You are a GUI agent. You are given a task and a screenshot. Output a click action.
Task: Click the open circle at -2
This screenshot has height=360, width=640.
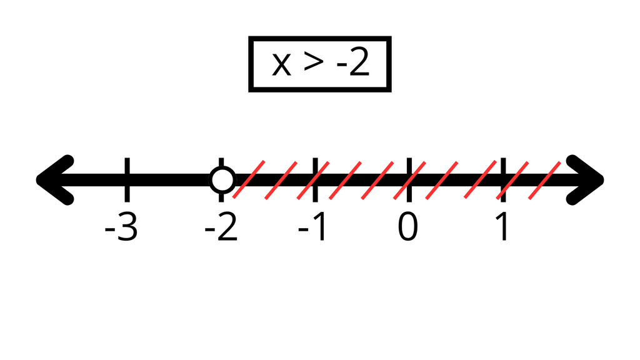pos(222,179)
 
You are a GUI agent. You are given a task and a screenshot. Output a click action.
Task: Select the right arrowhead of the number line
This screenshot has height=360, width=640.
pos(585,180)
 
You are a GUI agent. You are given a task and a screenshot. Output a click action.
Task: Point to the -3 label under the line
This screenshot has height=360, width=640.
pos(121,227)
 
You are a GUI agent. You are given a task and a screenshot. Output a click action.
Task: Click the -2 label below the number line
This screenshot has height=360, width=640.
pos(221,227)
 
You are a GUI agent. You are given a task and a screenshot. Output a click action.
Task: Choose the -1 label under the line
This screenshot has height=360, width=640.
pos(312,227)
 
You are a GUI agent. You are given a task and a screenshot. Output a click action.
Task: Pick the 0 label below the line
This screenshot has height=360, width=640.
pos(407,227)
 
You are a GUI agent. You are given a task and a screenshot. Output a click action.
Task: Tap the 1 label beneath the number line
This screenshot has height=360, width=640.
pos(502,227)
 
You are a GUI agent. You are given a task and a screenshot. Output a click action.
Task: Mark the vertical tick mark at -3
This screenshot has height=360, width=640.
pos(127,179)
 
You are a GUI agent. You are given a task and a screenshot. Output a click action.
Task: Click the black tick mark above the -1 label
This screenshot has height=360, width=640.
pos(315,179)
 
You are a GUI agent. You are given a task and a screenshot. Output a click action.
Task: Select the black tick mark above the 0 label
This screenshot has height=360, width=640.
pos(409,179)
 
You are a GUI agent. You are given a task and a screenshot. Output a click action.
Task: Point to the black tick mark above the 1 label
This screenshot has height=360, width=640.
pos(503,179)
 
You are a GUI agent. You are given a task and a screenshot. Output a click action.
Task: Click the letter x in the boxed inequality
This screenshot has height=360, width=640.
pos(282,64)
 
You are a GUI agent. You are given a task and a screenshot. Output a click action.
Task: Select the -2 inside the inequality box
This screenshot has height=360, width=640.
pos(353,62)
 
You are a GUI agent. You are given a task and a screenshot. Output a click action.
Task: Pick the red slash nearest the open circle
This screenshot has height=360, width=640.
pos(249,179)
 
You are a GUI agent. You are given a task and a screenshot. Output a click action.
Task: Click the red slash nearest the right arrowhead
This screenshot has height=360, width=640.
pos(544,181)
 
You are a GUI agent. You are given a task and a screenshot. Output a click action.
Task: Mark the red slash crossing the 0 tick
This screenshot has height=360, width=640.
pos(409,181)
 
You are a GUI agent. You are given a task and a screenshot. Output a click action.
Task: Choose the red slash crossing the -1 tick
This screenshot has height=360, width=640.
pos(313,181)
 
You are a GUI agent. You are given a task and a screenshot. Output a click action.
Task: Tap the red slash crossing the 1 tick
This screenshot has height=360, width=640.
pos(512,181)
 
